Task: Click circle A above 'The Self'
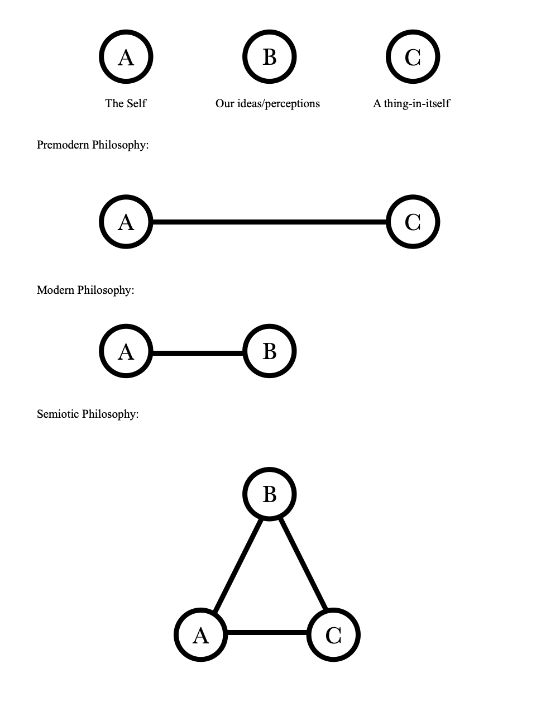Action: click(126, 57)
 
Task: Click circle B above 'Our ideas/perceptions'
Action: click(269, 57)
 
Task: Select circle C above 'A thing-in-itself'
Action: click(413, 57)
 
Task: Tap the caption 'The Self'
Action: click(126, 103)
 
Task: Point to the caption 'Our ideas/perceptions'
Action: click(267, 103)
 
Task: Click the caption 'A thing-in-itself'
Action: click(411, 103)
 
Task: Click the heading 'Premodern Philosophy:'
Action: click(93, 145)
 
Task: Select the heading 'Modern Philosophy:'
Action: click(85, 290)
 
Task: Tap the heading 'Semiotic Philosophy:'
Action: click(88, 414)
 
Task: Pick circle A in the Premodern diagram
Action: click(126, 222)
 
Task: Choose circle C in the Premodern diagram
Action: click(413, 222)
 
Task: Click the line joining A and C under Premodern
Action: click(269, 222)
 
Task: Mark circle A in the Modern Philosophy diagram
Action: click(126, 351)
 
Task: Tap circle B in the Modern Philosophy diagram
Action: click(269, 351)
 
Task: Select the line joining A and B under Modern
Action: click(198, 353)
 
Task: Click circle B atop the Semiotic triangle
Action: click(269, 494)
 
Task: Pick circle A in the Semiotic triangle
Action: click(200, 635)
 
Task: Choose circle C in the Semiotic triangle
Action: click(333, 635)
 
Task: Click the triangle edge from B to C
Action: click(303, 564)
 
